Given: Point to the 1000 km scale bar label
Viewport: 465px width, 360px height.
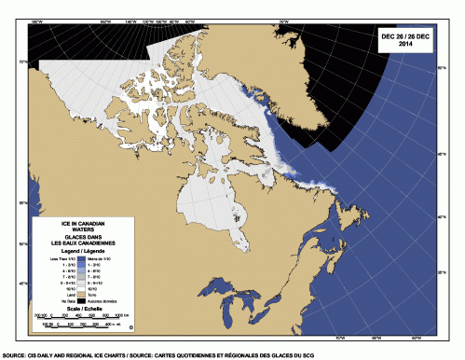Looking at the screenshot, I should pos(122,316).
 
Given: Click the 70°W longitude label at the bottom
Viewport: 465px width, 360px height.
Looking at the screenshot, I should pos(338,336).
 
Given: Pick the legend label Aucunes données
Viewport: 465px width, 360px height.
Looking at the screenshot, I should pos(103,302).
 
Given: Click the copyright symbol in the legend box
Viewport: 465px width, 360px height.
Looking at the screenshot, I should pos(131,326).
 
